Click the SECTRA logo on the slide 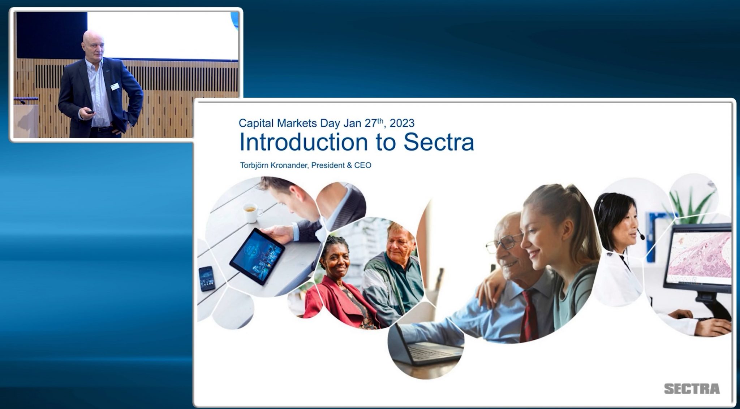tap(692, 389)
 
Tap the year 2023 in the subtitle tap(402, 123)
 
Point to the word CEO tap(363, 165)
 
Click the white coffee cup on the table tap(252, 212)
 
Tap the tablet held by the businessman tap(257, 255)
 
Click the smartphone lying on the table tap(207, 278)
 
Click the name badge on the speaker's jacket tap(115, 86)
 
